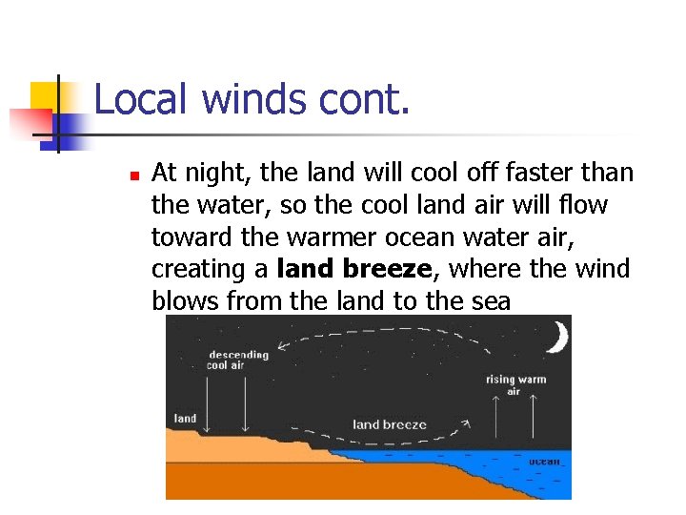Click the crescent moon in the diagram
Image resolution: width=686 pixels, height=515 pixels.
(557, 337)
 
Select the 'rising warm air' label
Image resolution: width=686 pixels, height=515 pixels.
(515, 385)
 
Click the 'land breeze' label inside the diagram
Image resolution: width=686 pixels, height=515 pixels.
(390, 423)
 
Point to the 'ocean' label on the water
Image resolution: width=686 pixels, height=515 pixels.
(544, 462)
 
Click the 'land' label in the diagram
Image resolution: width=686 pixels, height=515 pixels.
(185, 418)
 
